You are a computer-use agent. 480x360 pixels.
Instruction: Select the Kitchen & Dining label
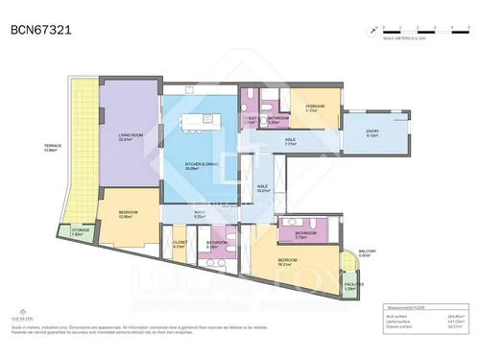203,165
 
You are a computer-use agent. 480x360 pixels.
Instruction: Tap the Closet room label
180,245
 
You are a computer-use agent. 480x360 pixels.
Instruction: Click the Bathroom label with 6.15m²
217,244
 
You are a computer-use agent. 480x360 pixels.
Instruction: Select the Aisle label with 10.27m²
263,188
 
